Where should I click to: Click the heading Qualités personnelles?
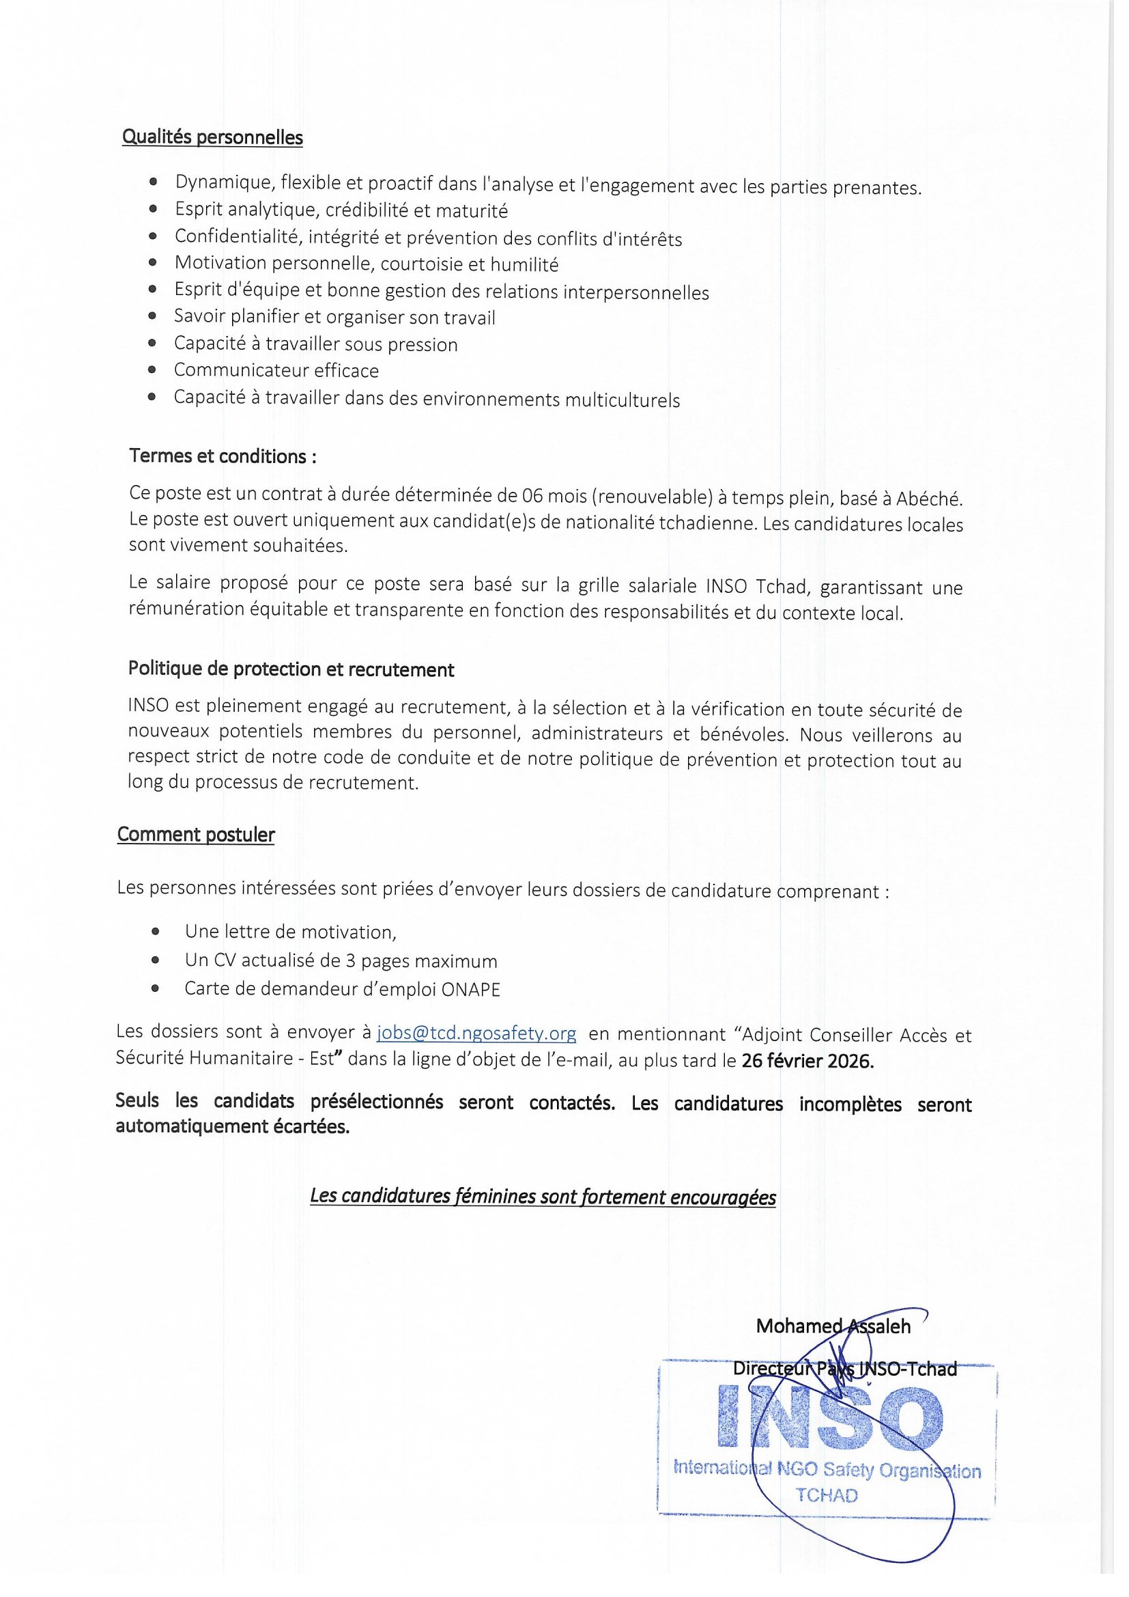click(213, 137)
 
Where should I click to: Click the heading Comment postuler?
click(196, 835)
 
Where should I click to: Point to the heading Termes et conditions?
click(223, 456)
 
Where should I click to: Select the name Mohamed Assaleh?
click(833, 1327)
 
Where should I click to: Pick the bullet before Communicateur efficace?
click(152, 370)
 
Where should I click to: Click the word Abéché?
click(929, 499)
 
